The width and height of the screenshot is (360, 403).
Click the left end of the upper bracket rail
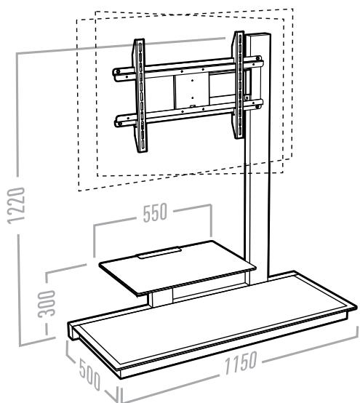pos(116,73)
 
